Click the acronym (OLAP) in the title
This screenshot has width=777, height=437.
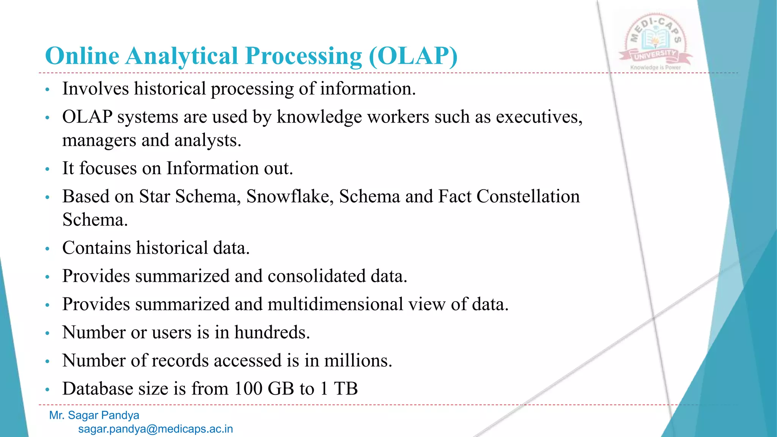[x=413, y=56]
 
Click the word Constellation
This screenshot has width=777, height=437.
[x=528, y=196]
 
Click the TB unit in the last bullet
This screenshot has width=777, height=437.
[x=346, y=388]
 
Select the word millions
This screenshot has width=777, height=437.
[x=358, y=360]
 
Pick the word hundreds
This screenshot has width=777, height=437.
[x=272, y=332]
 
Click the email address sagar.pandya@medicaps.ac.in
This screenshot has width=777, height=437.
[x=156, y=429]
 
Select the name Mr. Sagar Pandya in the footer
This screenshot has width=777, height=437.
[x=94, y=415]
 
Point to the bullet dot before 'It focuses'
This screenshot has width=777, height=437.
[x=47, y=169]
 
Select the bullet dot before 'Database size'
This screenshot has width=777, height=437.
[x=47, y=390]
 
